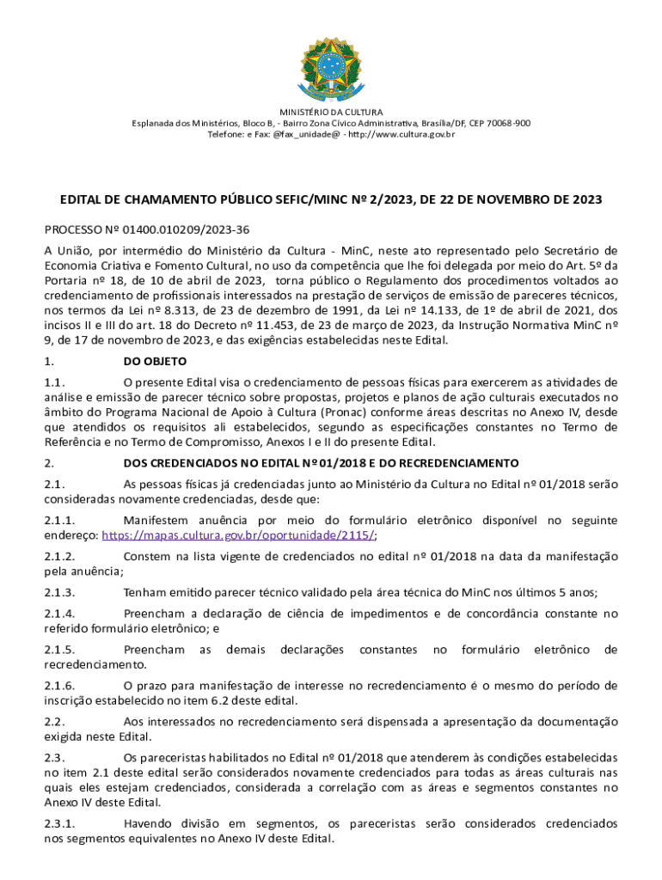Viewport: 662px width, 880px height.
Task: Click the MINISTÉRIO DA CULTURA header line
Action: (331, 112)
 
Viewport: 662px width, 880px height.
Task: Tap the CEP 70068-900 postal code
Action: (498, 123)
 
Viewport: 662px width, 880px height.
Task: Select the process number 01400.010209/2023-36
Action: (178, 230)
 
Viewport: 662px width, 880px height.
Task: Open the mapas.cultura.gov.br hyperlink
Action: (238, 534)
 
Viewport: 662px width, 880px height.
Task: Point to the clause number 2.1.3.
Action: (60, 592)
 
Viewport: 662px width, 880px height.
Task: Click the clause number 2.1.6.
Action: (60, 686)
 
